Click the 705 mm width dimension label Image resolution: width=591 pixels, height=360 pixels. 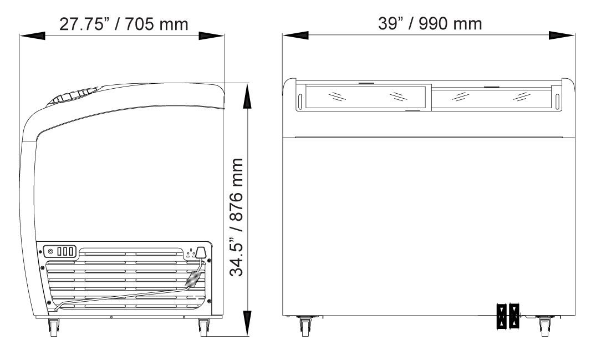124,24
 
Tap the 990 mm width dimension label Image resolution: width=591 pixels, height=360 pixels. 430,23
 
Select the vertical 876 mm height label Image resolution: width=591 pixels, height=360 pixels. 237,217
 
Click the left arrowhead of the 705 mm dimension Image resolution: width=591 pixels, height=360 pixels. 32,36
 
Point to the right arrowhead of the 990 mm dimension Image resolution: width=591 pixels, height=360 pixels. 562,36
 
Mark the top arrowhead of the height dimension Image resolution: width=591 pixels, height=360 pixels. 247,96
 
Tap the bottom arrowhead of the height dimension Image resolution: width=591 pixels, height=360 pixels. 247,323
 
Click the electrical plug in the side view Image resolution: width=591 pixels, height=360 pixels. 202,252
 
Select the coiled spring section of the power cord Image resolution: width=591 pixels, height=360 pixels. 192,279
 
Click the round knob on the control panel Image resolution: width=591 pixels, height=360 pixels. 50,251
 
